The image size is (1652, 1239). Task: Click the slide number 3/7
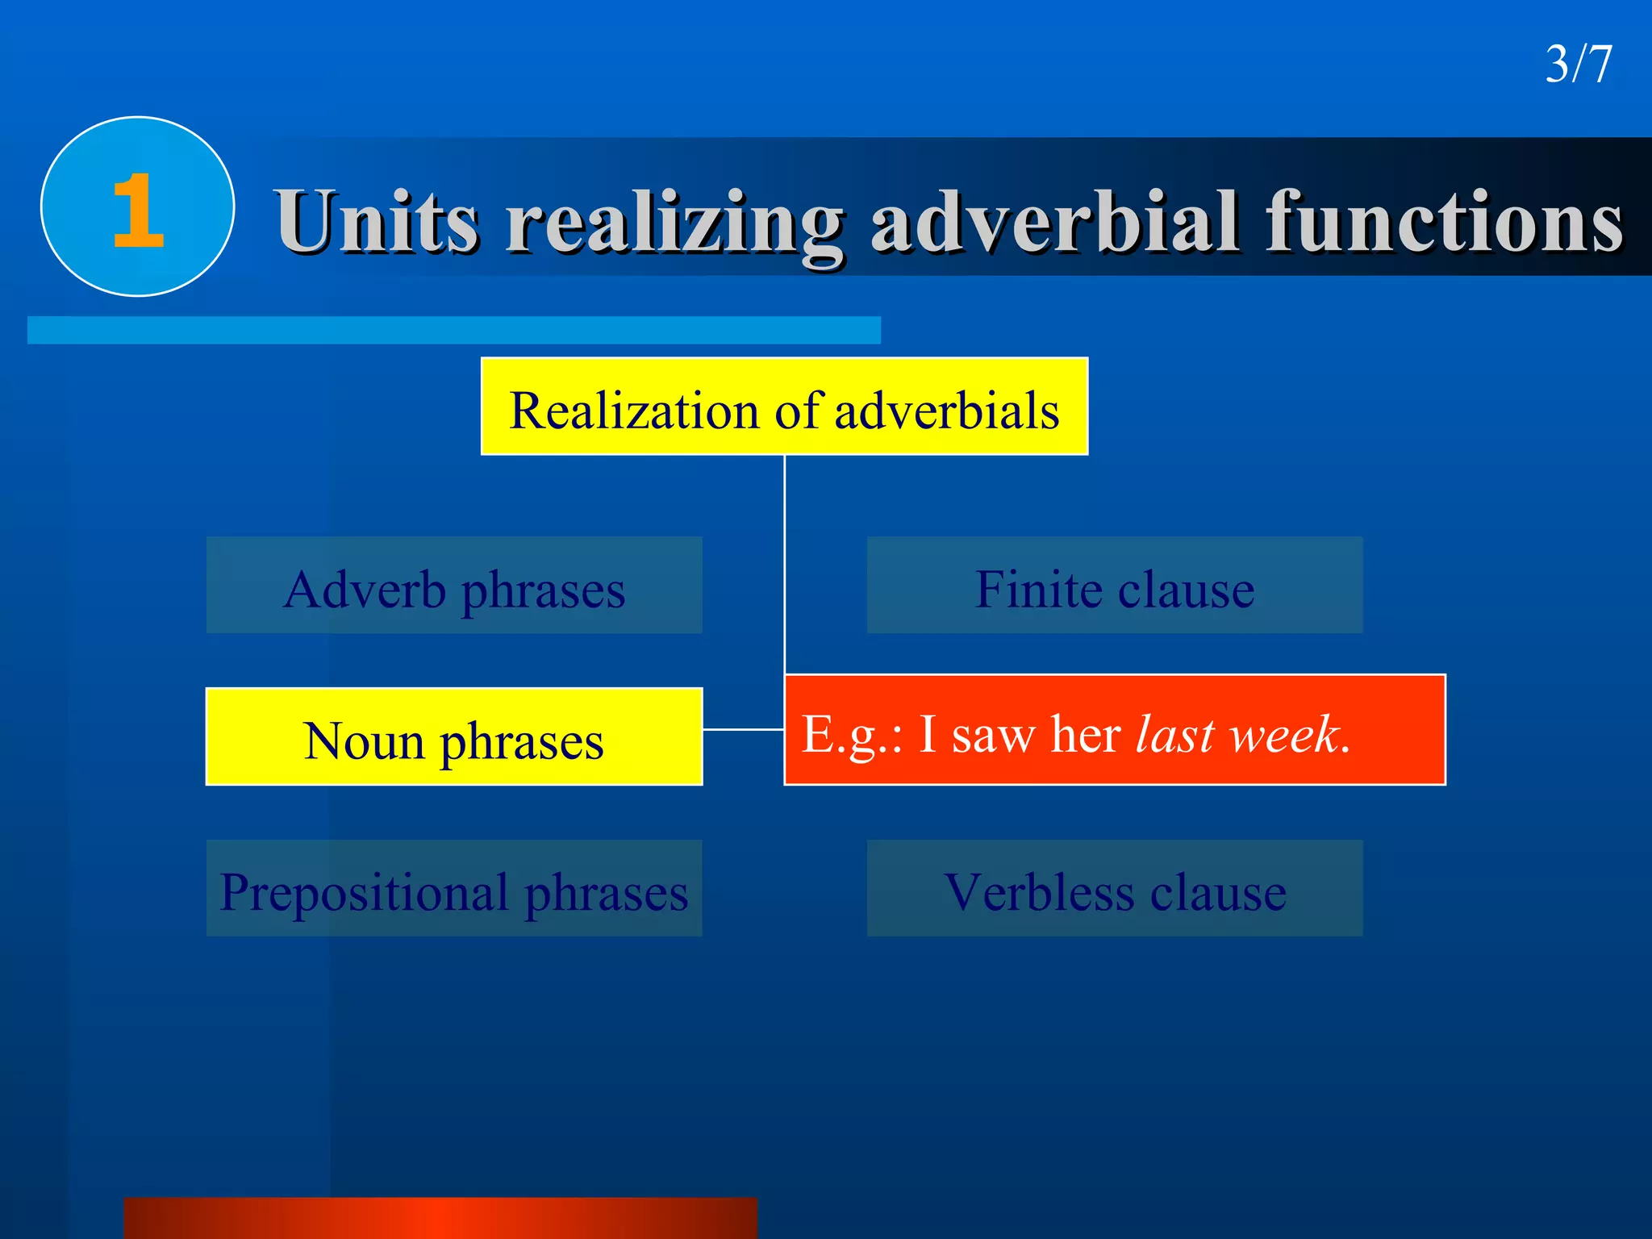point(1578,64)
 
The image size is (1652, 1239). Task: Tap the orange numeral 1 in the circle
point(138,211)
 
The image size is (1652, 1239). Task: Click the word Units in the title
point(377,221)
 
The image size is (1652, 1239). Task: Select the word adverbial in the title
point(1054,221)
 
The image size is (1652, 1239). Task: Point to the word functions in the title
point(1443,221)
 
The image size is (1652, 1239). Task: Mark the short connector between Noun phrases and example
point(743,729)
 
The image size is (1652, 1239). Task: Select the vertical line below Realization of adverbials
point(784,565)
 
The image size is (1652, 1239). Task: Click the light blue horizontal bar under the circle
point(453,330)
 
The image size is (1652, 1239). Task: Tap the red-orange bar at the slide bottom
point(440,1218)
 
